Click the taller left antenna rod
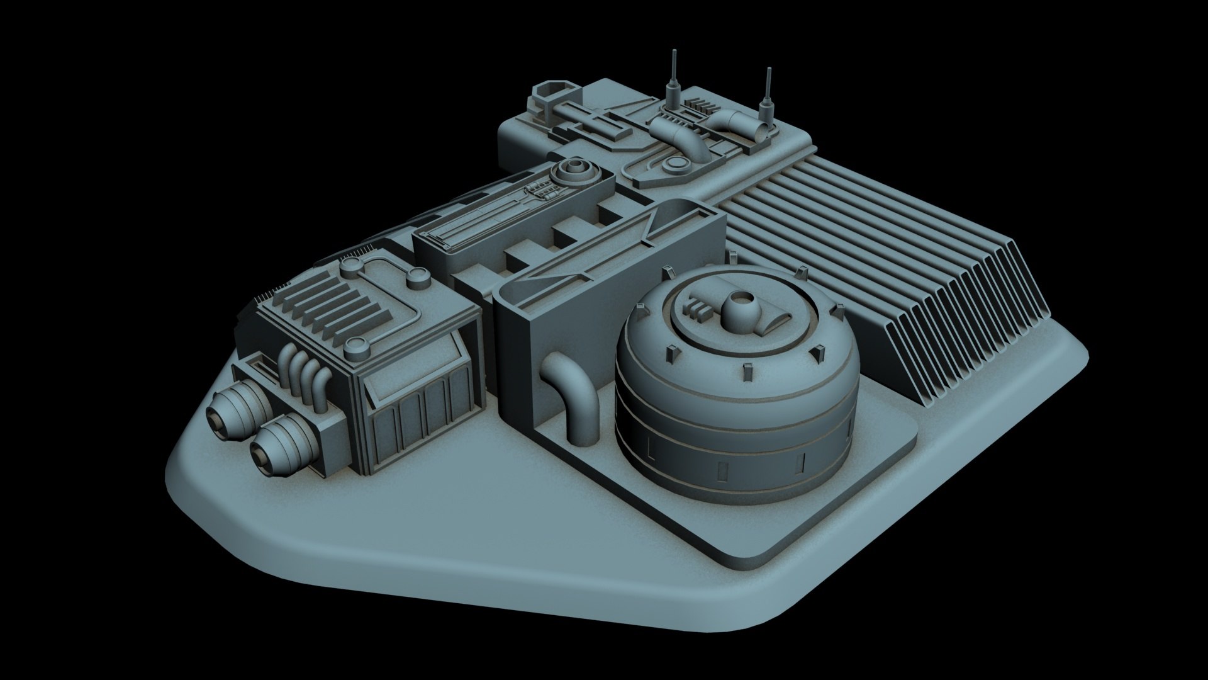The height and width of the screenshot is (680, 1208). click(673, 72)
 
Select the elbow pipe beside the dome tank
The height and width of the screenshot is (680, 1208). click(569, 390)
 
